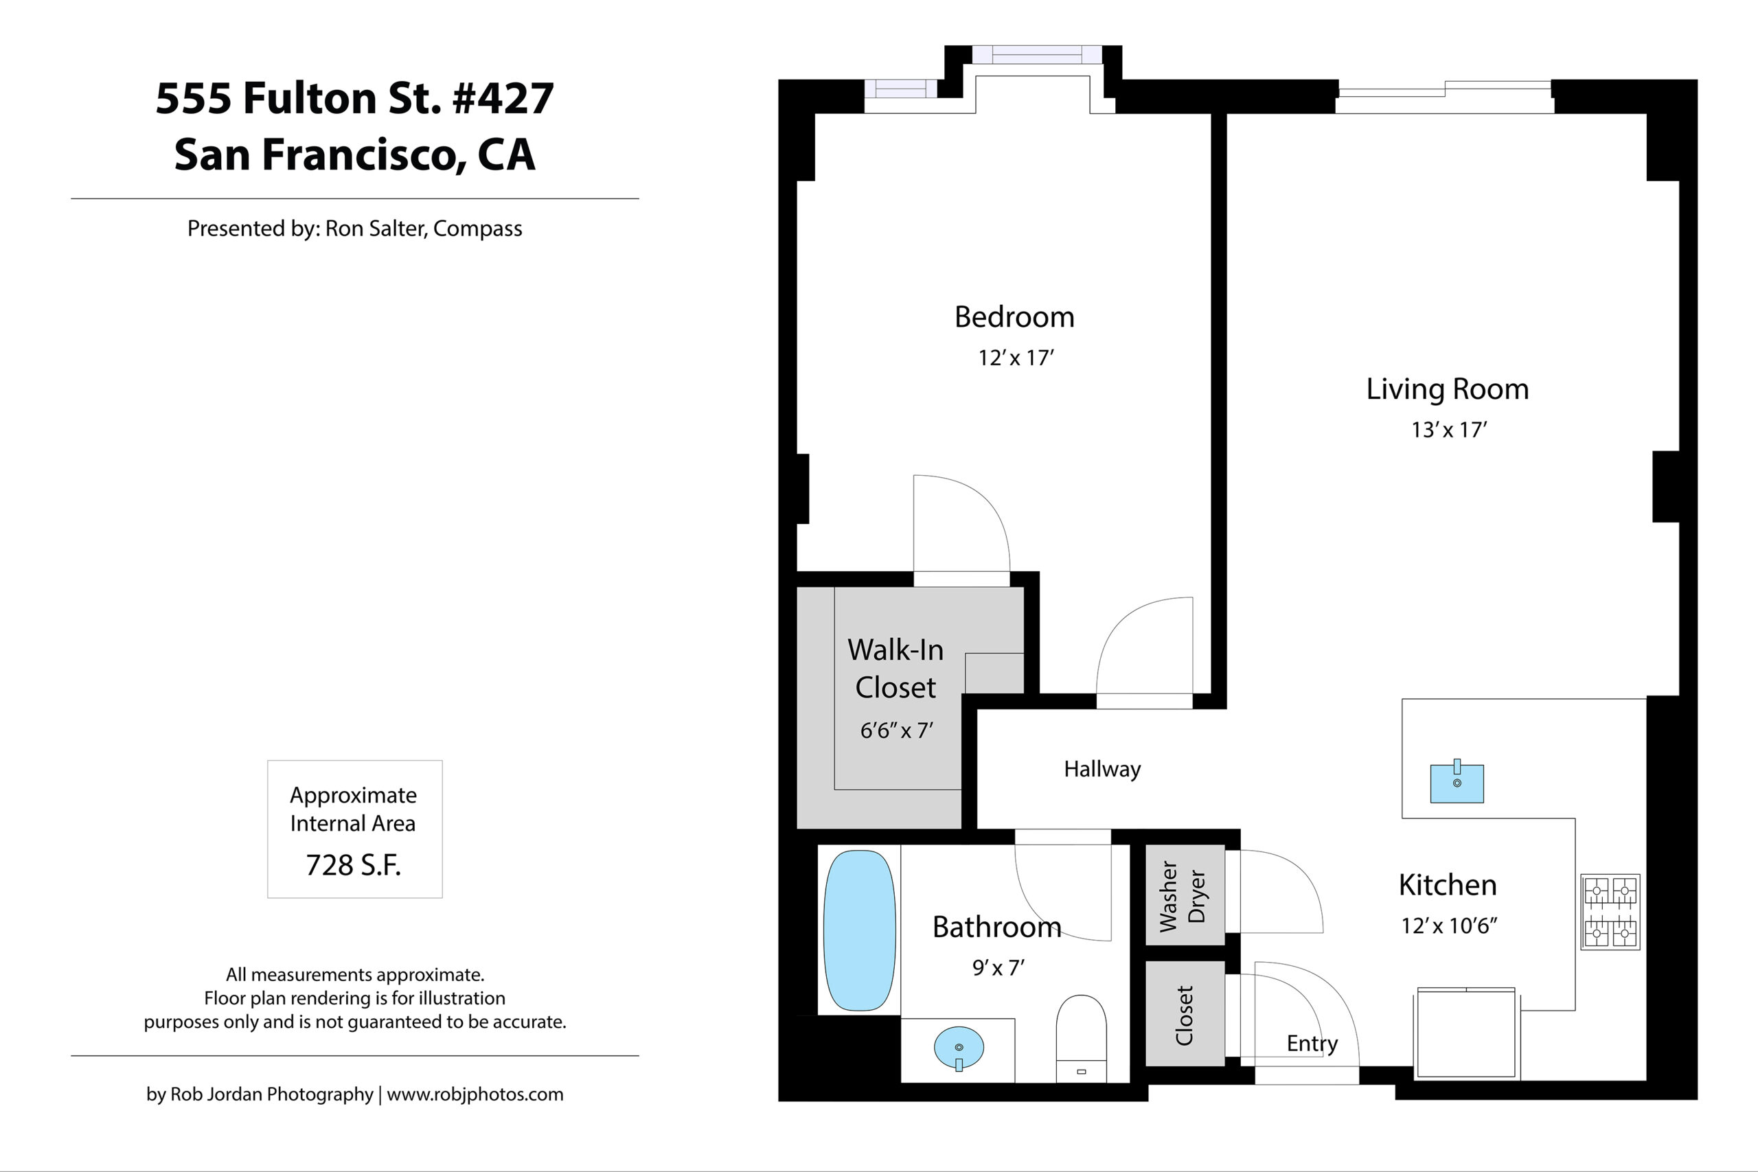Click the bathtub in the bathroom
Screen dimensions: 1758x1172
coord(860,930)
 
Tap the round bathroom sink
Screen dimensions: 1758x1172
coord(958,1048)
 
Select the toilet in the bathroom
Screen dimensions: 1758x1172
coord(1081,1038)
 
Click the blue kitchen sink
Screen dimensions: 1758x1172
coord(1457,783)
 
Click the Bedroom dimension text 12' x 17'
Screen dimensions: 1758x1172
coord(1016,358)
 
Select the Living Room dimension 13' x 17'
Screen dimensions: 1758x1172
coord(1448,430)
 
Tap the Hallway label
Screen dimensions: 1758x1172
coord(1102,769)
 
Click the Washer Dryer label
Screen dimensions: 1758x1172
coord(1183,896)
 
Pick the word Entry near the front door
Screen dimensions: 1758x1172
coord(1312,1044)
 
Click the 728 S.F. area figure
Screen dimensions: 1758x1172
coord(354,865)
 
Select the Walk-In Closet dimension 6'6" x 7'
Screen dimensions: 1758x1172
coord(896,731)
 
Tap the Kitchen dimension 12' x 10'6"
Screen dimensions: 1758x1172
coord(1449,926)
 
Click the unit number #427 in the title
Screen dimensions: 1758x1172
coord(503,98)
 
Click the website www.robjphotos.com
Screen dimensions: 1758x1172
coord(475,1094)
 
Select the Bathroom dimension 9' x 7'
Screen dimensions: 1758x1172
coord(998,968)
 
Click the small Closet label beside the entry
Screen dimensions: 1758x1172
coord(1184,1015)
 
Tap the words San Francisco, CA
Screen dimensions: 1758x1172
coord(355,154)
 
